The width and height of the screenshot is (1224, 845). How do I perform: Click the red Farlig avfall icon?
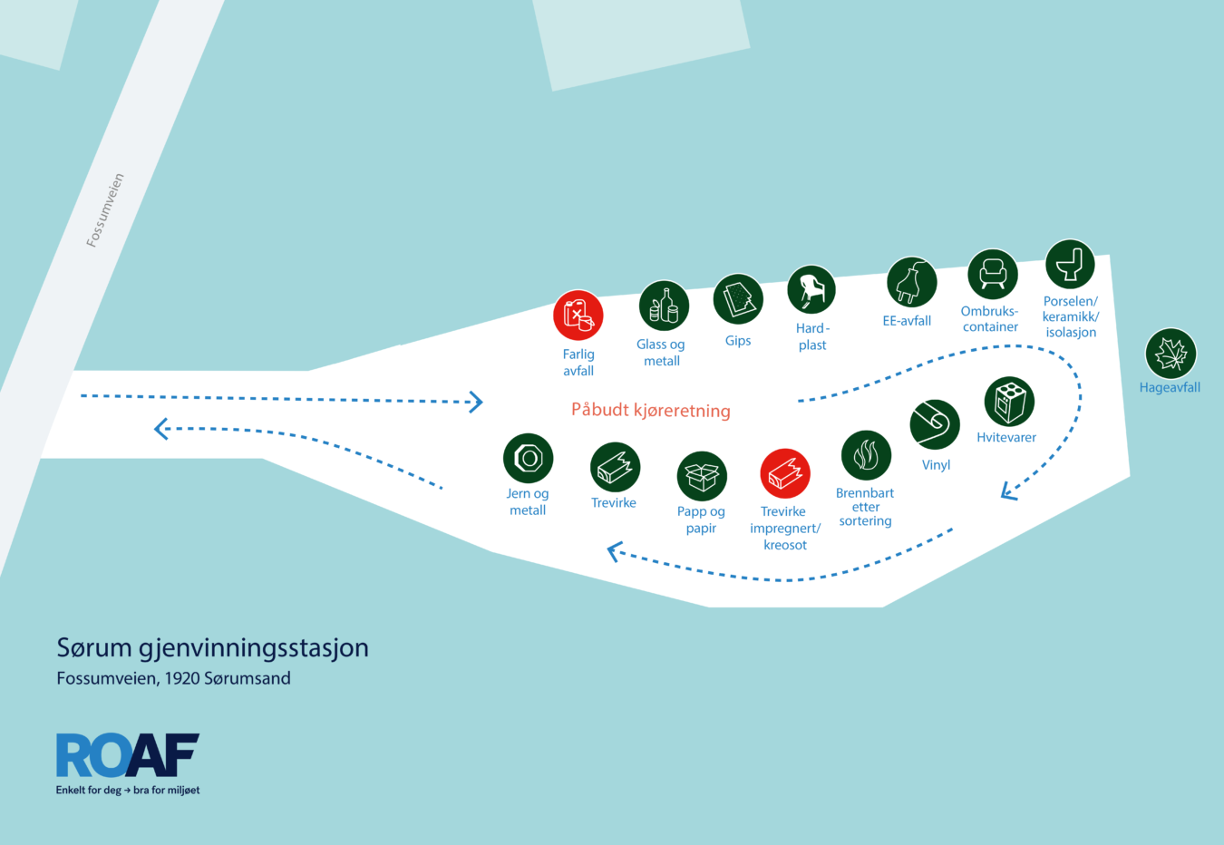[578, 316]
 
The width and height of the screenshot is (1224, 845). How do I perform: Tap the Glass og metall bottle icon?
[664, 306]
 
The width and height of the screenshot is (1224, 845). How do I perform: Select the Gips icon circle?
[738, 299]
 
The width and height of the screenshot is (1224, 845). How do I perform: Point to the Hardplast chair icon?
[811, 290]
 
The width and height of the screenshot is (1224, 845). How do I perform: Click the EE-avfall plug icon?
[911, 282]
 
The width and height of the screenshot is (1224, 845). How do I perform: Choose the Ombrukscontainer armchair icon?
[992, 274]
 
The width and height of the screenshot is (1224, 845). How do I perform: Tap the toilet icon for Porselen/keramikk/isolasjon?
[1070, 264]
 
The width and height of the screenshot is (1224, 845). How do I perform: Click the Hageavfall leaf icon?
[1171, 354]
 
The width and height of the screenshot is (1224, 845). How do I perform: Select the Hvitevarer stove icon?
[1009, 402]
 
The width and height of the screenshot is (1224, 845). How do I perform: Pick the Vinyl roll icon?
[935, 424]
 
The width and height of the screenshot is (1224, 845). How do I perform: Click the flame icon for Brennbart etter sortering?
[866, 455]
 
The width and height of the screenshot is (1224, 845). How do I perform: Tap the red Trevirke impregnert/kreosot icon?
[785, 474]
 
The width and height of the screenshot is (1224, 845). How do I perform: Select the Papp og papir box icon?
[702, 476]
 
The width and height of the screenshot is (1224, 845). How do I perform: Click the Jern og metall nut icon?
[529, 458]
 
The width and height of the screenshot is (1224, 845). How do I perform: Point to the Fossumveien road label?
[105, 209]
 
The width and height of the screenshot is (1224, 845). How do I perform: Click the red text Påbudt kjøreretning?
[651, 410]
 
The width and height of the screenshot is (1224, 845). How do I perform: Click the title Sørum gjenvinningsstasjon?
[212, 647]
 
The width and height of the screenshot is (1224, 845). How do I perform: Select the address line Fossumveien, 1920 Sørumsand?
[174, 678]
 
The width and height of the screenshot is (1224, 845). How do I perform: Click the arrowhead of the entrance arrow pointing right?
[477, 403]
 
